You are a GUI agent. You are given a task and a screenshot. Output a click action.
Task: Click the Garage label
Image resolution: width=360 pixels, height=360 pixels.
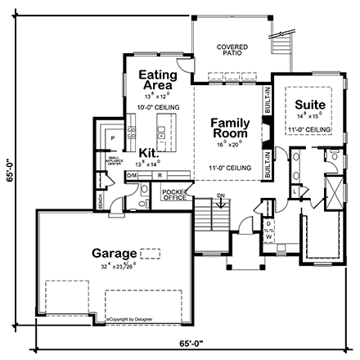(111, 254)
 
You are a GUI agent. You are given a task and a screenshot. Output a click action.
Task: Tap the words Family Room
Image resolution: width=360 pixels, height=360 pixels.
(230, 128)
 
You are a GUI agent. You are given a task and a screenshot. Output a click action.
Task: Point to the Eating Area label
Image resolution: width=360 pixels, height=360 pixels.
(155, 79)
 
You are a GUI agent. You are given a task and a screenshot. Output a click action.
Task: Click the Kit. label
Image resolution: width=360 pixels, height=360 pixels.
(148, 152)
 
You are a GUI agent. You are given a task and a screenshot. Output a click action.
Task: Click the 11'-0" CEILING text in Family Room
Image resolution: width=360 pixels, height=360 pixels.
(230, 168)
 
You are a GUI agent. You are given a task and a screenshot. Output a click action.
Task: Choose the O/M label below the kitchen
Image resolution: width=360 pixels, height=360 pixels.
(132, 175)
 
